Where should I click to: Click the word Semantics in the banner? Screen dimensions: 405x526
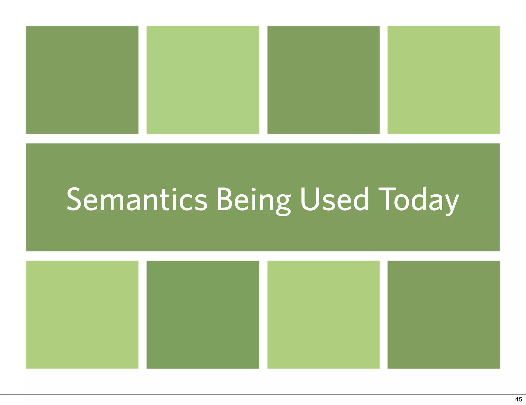click(x=137, y=199)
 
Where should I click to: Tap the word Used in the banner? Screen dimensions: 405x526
click(x=334, y=199)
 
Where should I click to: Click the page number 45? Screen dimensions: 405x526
click(x=518, y=399)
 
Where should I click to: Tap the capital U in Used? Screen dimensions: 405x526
click(x=309, y=199)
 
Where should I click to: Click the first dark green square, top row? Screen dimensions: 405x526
click(x=82, y=80)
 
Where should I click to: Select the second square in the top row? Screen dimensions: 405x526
click(x=203, y=80)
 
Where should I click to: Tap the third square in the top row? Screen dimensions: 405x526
click(x=323, y=80)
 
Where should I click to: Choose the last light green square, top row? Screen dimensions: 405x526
click(x=444, y=80)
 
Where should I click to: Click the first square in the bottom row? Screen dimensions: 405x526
click(x=82, y=315)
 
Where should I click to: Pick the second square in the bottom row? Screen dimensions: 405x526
click(x=203, y=315)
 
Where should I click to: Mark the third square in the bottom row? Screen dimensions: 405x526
click(x=323, y=315)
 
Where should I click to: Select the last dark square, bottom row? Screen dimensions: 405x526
click(x=444, y=315)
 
